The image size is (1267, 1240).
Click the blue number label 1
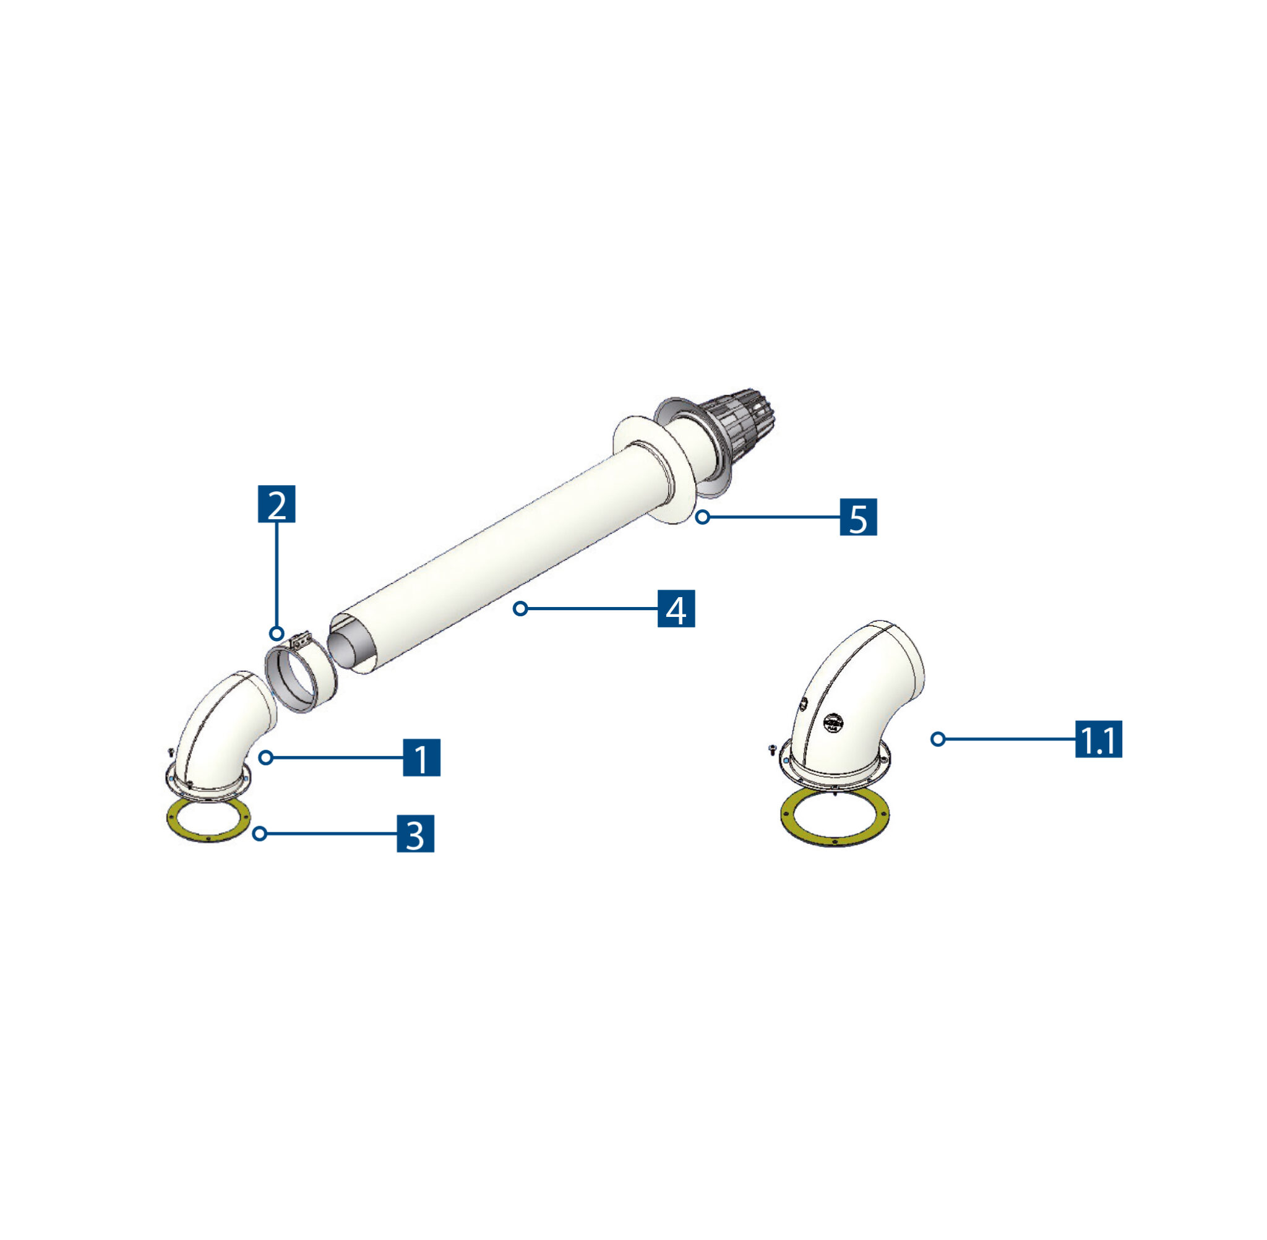pos(421,757)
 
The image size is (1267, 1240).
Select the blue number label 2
pos(277,504)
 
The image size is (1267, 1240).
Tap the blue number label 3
pos(415,833)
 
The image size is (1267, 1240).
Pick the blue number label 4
pos(676,608)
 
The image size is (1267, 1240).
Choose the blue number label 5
pos(858,517)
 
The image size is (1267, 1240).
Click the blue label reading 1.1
pos(1098,739)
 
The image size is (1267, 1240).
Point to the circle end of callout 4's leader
pos(520,608)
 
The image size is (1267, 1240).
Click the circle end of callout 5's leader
pos(703,517)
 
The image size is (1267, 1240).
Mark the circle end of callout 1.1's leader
pos(937,739)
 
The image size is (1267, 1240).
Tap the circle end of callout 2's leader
pos(277,633)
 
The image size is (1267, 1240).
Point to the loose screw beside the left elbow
pos(171,752)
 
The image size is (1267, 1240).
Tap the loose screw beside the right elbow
pos(772,748)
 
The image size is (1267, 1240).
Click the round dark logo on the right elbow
pos(833,722)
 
